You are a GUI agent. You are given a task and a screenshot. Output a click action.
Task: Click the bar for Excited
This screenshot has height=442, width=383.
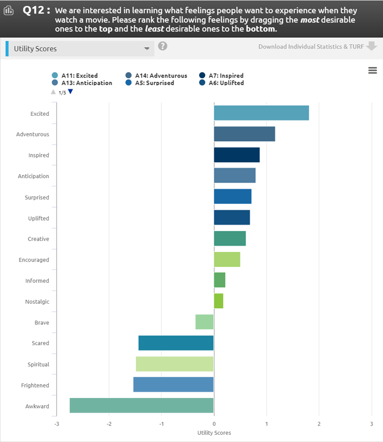click(x=261, y=113)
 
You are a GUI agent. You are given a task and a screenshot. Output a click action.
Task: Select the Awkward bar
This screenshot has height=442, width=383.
click(x=142, y=406)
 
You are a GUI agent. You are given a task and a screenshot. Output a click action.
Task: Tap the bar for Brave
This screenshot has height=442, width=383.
click(x=204, y=322)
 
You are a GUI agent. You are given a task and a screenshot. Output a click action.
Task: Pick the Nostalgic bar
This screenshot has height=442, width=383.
click(x=218, y=301)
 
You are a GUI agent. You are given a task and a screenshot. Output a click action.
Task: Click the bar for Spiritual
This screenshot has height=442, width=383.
click(x=175, y=364)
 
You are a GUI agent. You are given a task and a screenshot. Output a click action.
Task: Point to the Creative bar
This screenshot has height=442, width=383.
click(x=230, y=238)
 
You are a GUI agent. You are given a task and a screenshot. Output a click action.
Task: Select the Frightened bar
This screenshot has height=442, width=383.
click(x=173, y=385)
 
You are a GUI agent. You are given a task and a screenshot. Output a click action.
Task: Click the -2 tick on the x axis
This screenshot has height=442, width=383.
click(x=109, y=424)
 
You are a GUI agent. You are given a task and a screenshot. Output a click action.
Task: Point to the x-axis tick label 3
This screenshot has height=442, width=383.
click(x=371, y=424)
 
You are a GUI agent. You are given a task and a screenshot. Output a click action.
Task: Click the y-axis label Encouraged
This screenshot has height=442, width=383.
click(x=34, y=260)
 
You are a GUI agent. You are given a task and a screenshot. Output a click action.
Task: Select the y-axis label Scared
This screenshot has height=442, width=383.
click(x=40, y=343)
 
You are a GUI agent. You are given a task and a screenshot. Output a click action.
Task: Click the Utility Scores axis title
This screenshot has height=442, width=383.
click(x=214, y=433)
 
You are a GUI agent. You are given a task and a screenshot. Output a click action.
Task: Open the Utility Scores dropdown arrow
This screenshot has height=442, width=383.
click(x=147, y=49)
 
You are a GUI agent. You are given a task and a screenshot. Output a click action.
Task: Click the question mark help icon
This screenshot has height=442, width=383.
click(x=163, y=46)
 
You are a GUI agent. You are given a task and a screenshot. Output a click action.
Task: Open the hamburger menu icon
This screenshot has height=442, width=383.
click(x=372, y=71)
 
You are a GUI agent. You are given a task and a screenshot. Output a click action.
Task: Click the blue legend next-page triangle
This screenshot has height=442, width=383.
click(x=70, y=91)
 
